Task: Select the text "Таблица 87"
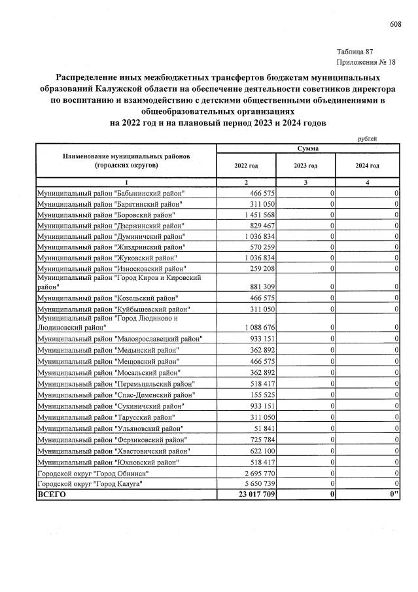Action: (355, 52)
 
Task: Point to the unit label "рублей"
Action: (367, 139)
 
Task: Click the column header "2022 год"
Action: (246, 166)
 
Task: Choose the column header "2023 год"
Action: (305, 166)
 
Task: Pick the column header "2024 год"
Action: (367, 166)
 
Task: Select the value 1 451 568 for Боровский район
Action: (256, 215)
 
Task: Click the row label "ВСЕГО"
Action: (52, 495)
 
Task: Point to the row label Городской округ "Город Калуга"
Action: (89, 483)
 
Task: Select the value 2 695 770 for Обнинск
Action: (256, 472)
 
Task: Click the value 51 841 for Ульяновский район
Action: (262, 428)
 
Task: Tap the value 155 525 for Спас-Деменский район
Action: (260, 394)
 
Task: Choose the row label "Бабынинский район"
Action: (111, 194)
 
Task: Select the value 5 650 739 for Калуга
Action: (256, 483)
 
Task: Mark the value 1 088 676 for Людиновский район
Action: (256, 326)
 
